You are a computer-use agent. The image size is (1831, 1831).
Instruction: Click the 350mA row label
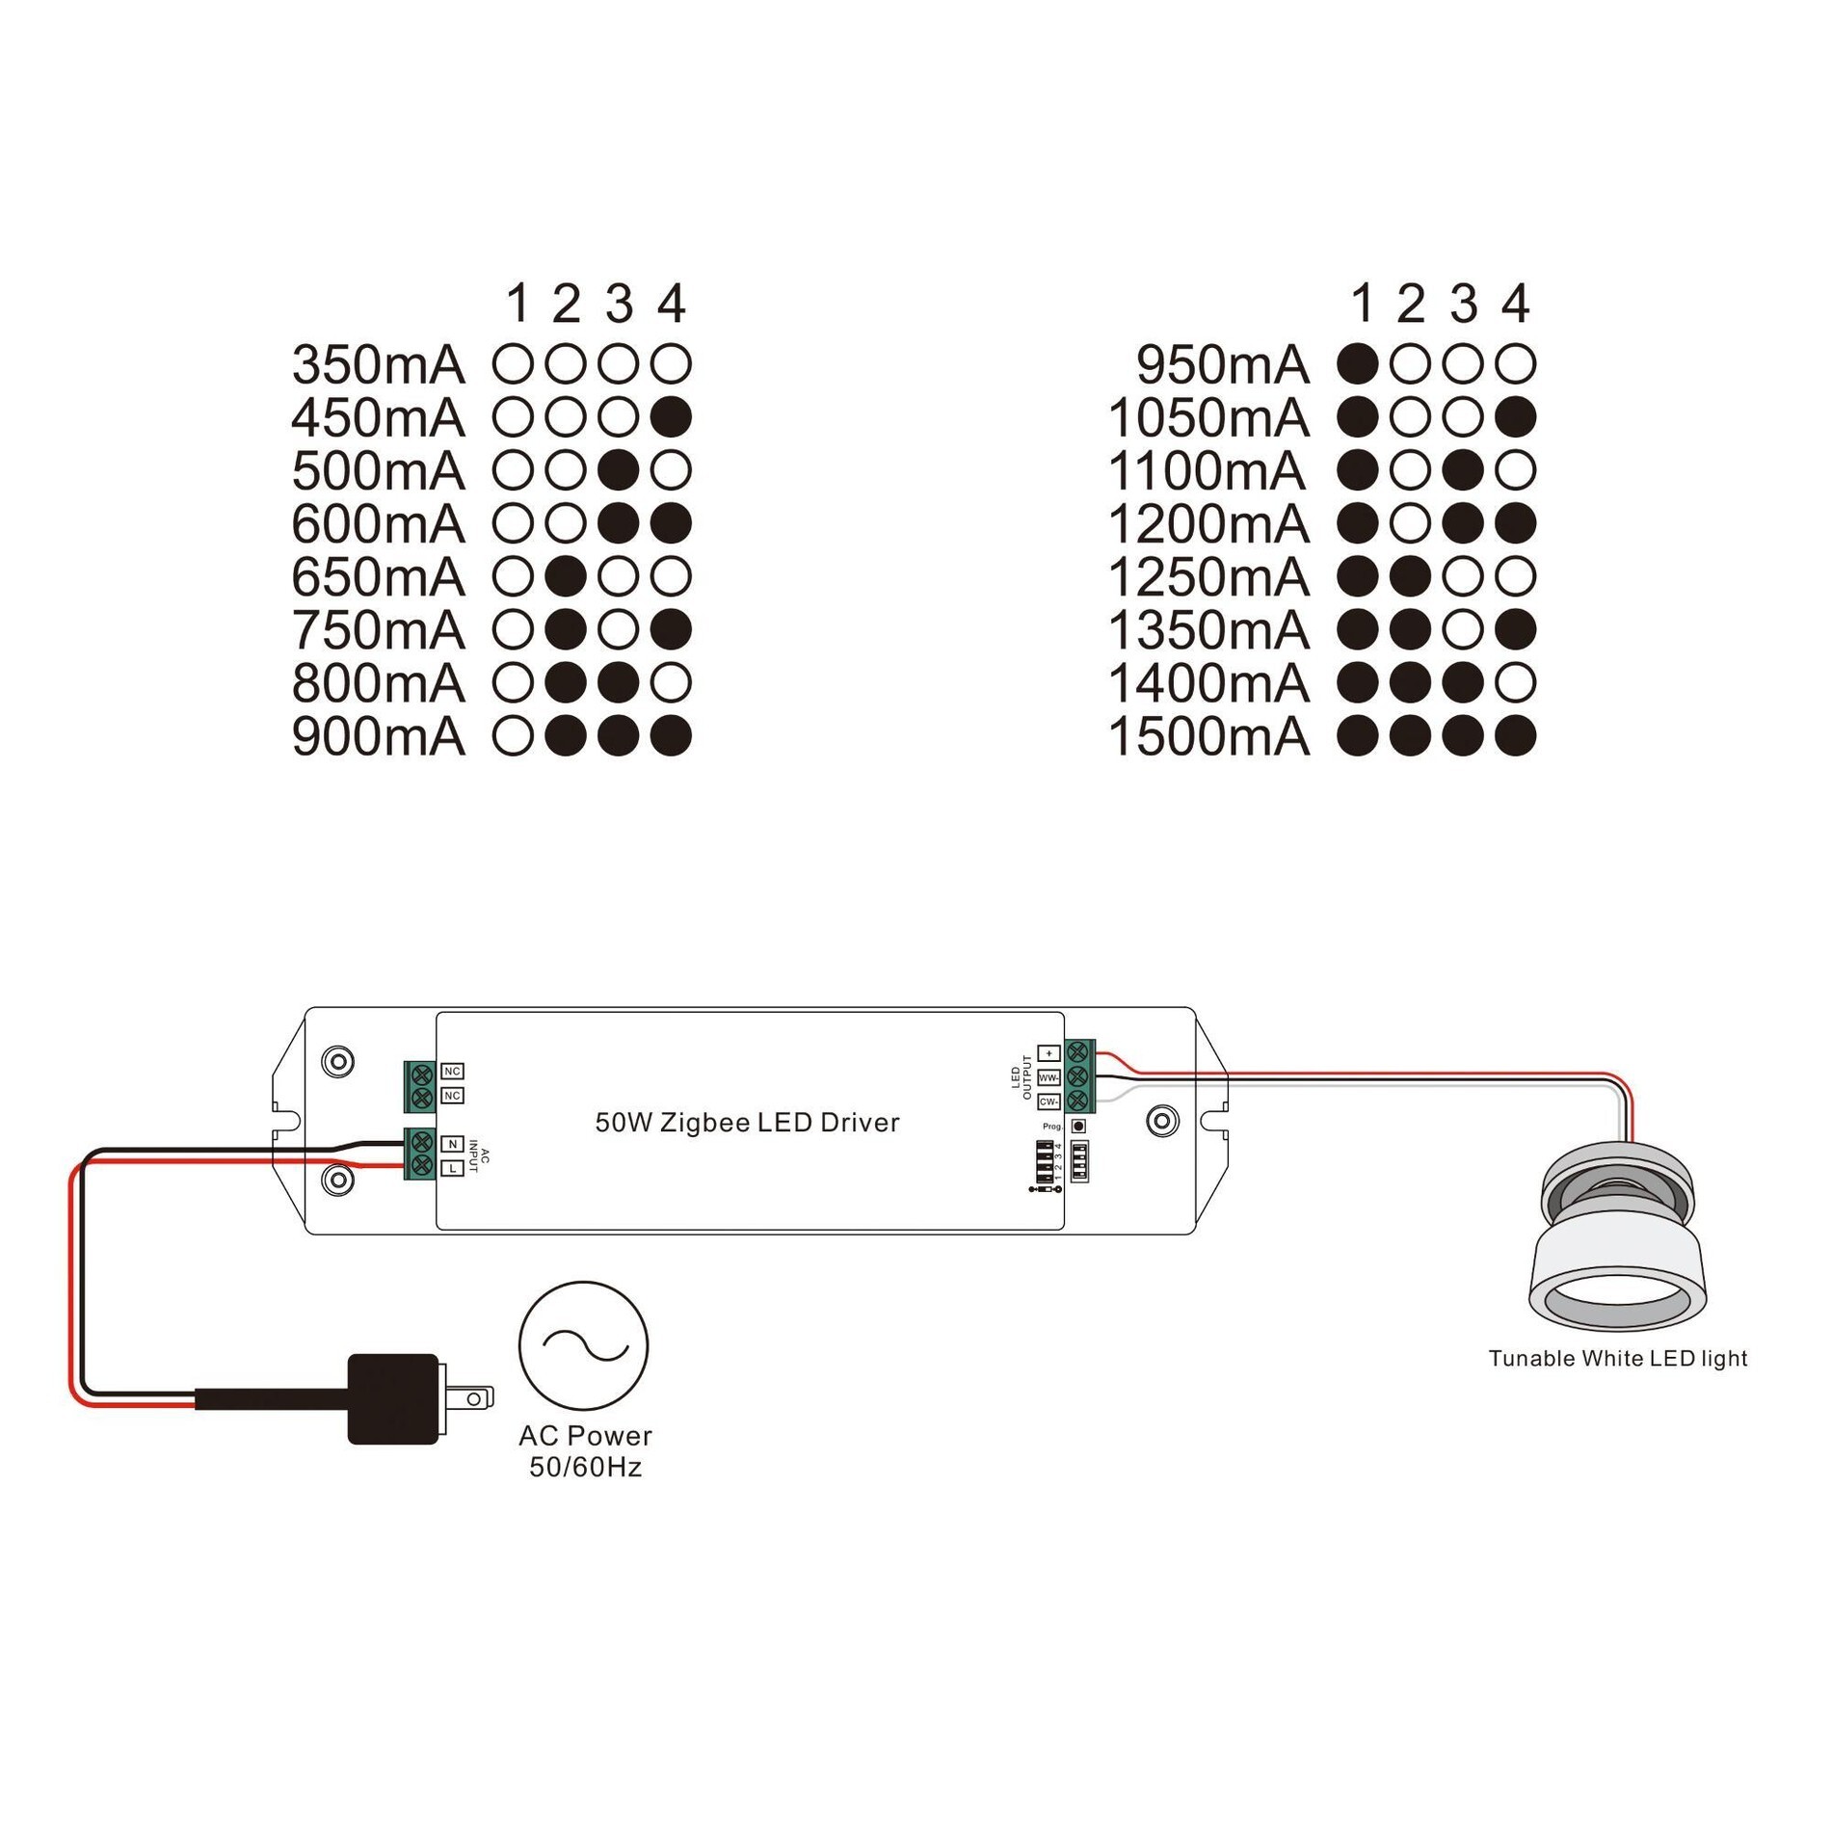coord(378,365)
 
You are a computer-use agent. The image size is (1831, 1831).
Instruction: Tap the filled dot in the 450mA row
coord(671,417)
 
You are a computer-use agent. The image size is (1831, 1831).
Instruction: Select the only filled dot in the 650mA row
coord(566,576)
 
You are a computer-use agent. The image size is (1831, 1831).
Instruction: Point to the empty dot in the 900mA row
coord(513,736)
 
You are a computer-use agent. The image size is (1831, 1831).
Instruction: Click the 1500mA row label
coord(1208,737)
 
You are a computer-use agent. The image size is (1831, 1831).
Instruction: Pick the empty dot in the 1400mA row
coord(1515,683)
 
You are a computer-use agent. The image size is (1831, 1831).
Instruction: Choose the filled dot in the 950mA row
coord(1357,364)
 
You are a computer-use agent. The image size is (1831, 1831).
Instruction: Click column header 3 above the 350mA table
coord(619,304)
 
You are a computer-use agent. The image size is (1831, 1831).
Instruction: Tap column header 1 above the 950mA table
coord(1362,304)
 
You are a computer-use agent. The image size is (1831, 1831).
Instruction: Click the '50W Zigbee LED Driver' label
coord(747,1123)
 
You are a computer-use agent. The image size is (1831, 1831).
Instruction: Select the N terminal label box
coord(452,1144)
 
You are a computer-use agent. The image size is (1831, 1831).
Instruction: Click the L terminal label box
coord(452,1169)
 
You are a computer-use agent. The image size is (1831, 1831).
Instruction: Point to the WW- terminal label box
coord(1048,1077)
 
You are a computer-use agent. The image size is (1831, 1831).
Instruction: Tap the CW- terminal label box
coord(1048,1101)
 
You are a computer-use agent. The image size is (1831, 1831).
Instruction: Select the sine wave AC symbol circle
coord(583,1345)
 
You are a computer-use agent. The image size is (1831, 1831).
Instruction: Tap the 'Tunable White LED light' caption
coord(1617,1359)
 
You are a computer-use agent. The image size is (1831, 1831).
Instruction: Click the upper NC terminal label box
coord(452,1071)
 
